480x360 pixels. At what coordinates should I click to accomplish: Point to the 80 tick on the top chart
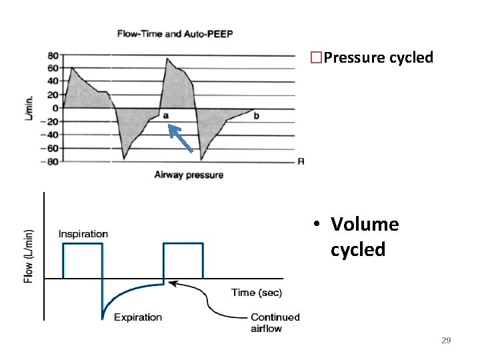[x=53, y=55]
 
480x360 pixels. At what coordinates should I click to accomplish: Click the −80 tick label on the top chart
[x=50, y=161]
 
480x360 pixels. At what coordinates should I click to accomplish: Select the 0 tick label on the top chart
[x=55, y=108]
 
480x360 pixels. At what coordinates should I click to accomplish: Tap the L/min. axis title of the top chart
[x=29, y=107]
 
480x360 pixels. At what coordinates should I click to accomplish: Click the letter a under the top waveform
[x=166, y=116]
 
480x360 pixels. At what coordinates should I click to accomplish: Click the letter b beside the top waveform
[x=257, y=116]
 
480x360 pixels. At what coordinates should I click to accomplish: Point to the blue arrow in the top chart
[x=181, y=139]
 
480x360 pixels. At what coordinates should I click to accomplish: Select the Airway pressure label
[x=189, y=175]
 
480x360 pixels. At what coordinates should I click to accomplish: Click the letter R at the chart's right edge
[x=301, y=161]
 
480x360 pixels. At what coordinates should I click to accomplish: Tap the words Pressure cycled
[x=377, y=57]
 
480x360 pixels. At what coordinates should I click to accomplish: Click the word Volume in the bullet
[x=364, y=225]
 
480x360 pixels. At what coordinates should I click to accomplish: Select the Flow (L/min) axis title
[x=29, y=256]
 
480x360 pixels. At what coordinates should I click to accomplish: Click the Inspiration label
[x=83, y=234]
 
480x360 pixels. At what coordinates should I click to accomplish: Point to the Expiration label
[x=137, y=317]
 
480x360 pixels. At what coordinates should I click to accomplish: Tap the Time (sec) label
[x=257, y=293]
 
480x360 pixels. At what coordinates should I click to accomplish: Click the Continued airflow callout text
[x=275, y=323]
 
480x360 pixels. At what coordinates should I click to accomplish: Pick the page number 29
[x=446, y=341]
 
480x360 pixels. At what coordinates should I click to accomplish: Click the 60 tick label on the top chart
[x=53, y=69]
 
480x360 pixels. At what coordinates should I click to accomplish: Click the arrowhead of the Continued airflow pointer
[x=171, y=283]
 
